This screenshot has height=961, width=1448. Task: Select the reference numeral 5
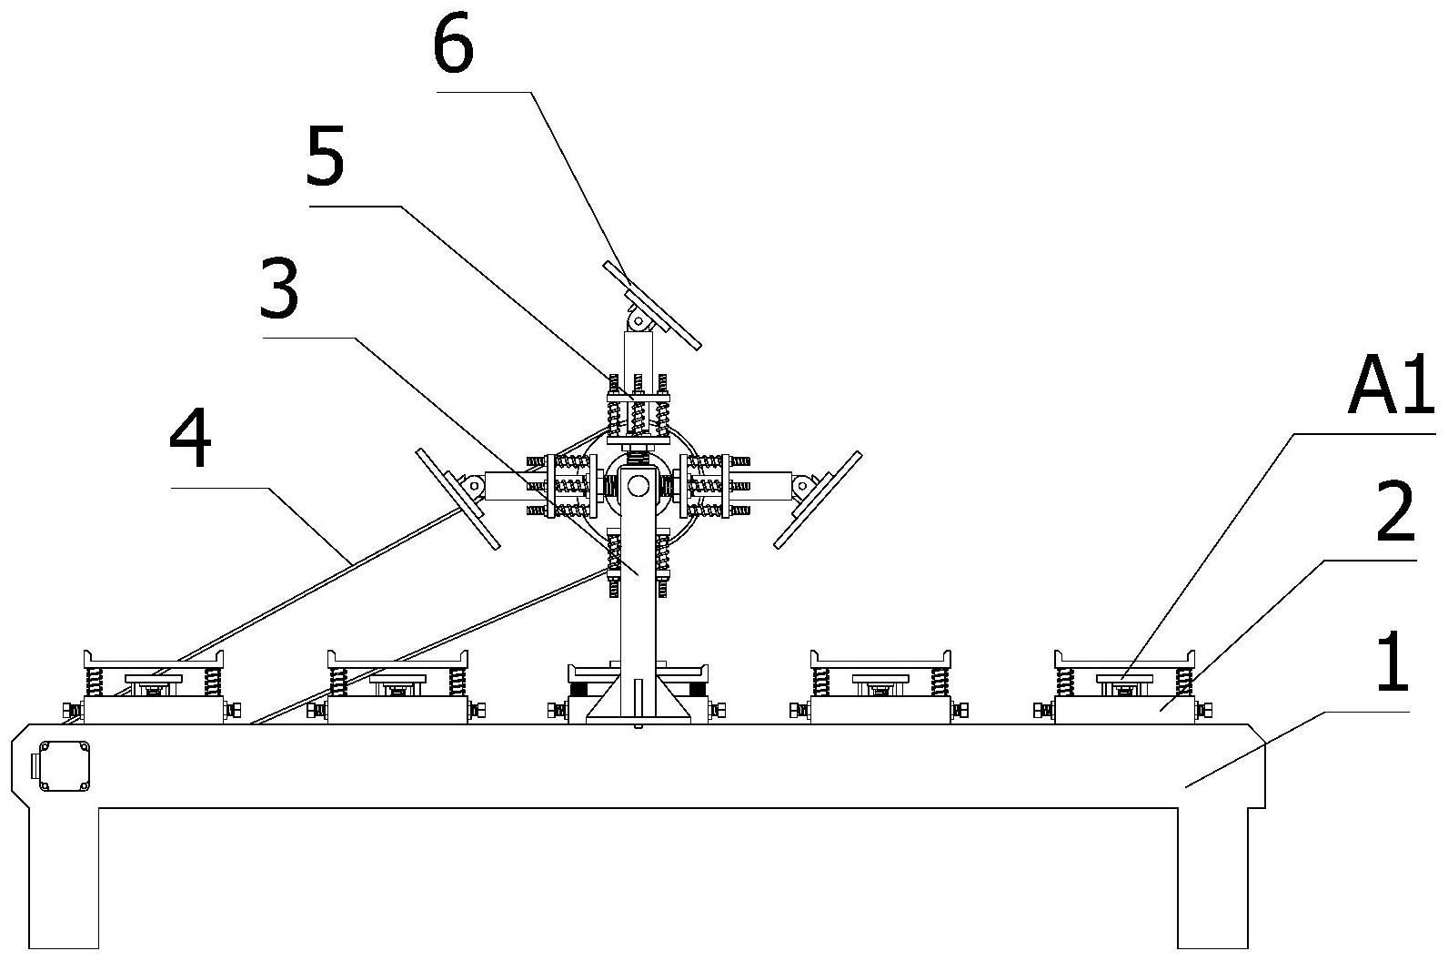click(326, 158)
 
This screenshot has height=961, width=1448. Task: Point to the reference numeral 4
click(191, 441)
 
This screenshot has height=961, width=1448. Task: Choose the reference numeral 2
click(1394, 511)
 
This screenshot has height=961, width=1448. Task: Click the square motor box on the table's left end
click(62, 767)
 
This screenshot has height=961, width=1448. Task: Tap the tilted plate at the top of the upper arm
click(652, 306)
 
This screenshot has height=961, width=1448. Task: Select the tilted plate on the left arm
click(458, 499)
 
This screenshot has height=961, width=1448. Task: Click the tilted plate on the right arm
click(818, 499)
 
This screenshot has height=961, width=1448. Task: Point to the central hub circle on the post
click(639, 487)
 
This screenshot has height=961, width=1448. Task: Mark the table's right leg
click(1213, 874)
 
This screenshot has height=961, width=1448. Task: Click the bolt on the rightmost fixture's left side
click(1043, 710)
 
